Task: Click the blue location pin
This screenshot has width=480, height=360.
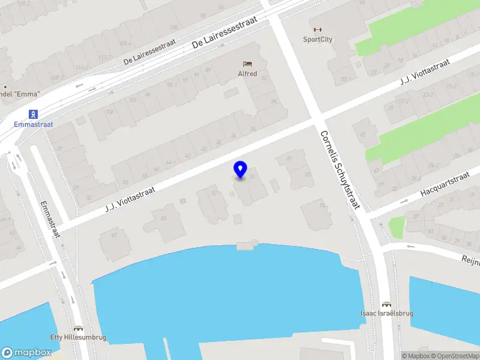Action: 241,170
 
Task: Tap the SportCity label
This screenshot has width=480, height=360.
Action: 317,40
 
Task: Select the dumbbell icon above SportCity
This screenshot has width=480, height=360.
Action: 317,29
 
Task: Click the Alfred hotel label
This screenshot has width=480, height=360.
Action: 247,74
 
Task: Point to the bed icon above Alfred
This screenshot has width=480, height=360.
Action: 247,63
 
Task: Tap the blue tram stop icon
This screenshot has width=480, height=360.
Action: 34,113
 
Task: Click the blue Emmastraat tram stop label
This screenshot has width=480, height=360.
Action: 34,125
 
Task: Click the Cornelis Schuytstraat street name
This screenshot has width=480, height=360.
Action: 339,170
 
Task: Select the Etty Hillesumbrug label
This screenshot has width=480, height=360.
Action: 78,337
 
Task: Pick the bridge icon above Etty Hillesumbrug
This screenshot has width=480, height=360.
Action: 78,328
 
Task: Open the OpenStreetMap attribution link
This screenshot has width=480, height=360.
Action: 454,356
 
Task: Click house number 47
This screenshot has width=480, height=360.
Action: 112,235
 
